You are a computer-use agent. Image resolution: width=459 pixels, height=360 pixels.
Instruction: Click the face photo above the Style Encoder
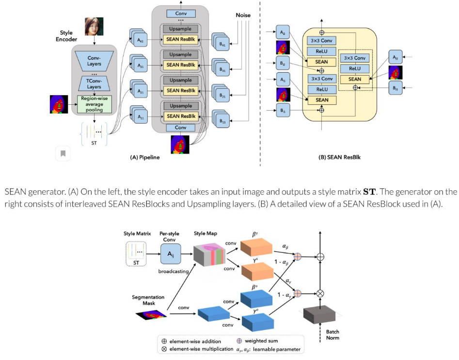tap(94, 27)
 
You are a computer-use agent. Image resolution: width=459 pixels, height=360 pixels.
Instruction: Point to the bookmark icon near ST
tap(63, 154)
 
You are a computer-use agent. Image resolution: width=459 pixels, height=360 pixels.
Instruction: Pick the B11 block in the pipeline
tap(222, 120)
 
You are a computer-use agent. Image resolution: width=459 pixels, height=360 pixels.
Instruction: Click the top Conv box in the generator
tap(181, 14)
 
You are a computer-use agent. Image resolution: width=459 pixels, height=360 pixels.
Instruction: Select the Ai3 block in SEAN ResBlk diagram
tap(396, 57)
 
